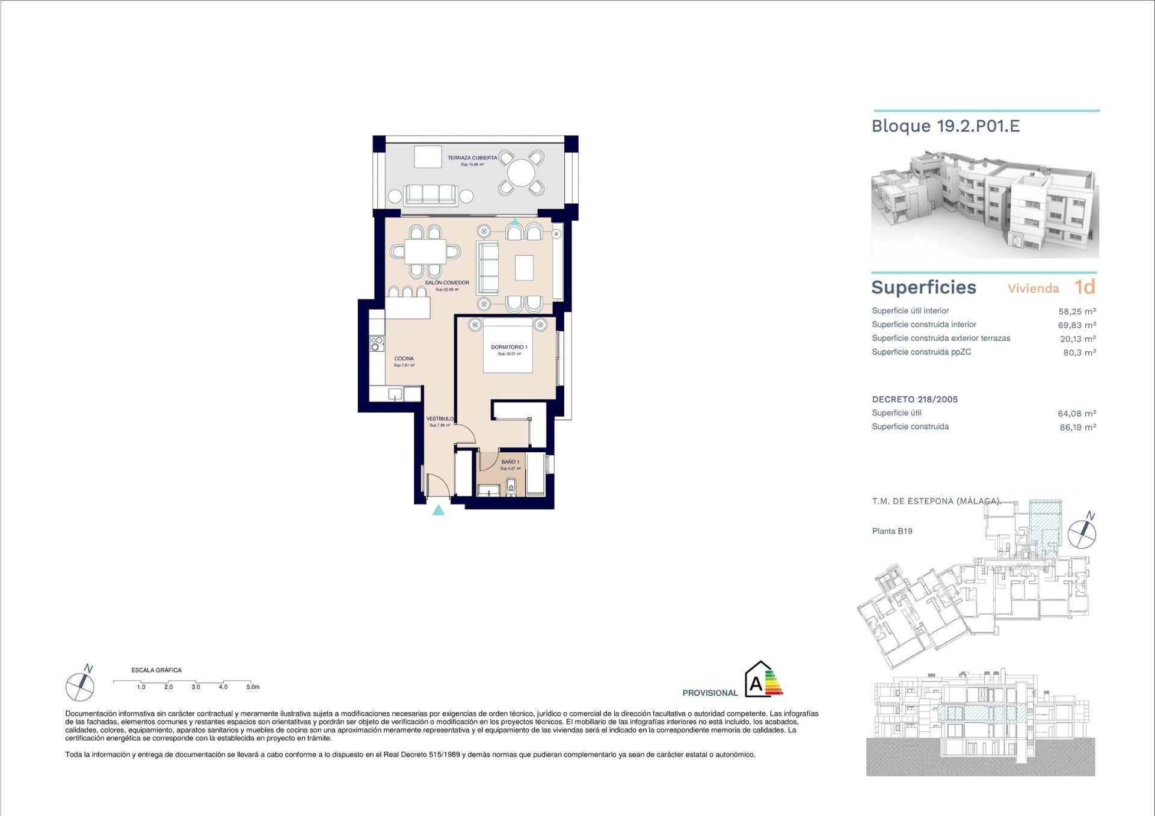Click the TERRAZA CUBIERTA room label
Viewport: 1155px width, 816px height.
click(x=472, y=158)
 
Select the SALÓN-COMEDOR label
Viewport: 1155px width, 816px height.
click(x=446, y=283)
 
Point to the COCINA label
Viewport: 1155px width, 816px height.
click(x=404, y=358)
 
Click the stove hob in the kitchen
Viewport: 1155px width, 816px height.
click(x=377, y=344)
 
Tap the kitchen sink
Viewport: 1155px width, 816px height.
click(x=395, y=394)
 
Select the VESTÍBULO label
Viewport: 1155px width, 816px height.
click(x=440, y=419)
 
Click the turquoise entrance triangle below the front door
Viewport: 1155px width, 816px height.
click(x=439, y=511)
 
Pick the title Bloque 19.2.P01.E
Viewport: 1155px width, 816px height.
click(x=945, y=126)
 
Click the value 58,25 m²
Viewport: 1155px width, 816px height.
click(x=1077, y=311)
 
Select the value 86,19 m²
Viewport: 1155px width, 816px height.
click(x=1077, y=428)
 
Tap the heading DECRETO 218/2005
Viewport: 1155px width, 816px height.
click(x=914, y=399)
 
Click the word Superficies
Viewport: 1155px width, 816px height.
click(x=923, y=287)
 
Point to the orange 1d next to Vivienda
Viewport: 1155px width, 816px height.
click(x=1085, y=287)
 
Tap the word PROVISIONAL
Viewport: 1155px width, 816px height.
click(x=710, y=693)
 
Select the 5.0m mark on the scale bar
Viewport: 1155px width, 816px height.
click(x=253, y=687)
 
